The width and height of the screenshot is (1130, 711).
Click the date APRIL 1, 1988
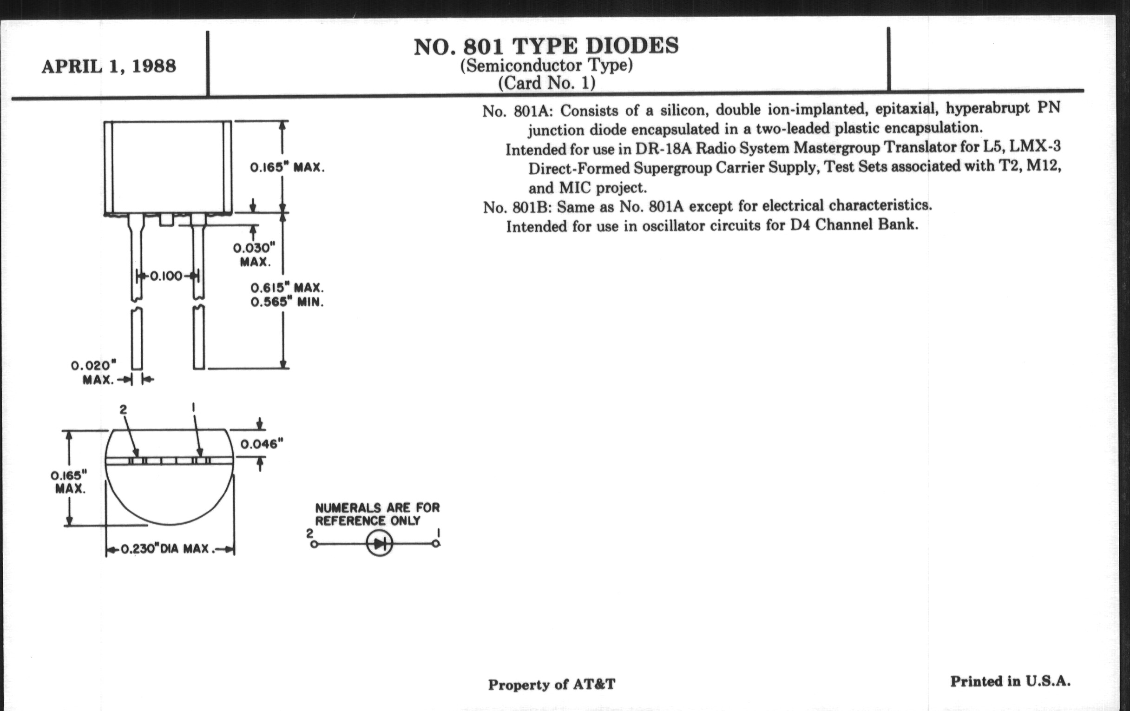coord(109,66)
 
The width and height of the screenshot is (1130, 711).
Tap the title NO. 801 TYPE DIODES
coord(546,46)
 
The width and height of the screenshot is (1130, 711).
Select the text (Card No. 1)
coord(546,83)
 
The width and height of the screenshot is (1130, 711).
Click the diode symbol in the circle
coord(380,544)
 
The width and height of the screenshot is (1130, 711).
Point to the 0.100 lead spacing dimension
coord(167,276)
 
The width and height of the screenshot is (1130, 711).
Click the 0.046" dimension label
coord(262,443)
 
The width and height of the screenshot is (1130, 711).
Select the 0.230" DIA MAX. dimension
coord(168,549)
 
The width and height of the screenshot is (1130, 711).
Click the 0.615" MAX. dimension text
coord(287,288)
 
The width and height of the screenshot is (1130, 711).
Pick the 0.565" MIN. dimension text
coord(287,302)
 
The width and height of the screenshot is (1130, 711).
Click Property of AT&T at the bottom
coord(552,684)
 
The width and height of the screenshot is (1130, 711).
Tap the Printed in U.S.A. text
coord(1010,681)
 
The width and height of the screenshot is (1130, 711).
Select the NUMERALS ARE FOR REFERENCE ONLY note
coord(377,514)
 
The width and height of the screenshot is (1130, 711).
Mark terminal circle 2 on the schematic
coord(314,544)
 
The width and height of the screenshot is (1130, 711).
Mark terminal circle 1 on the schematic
coord(436,544)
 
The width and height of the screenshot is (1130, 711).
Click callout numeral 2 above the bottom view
coord(123,410)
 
